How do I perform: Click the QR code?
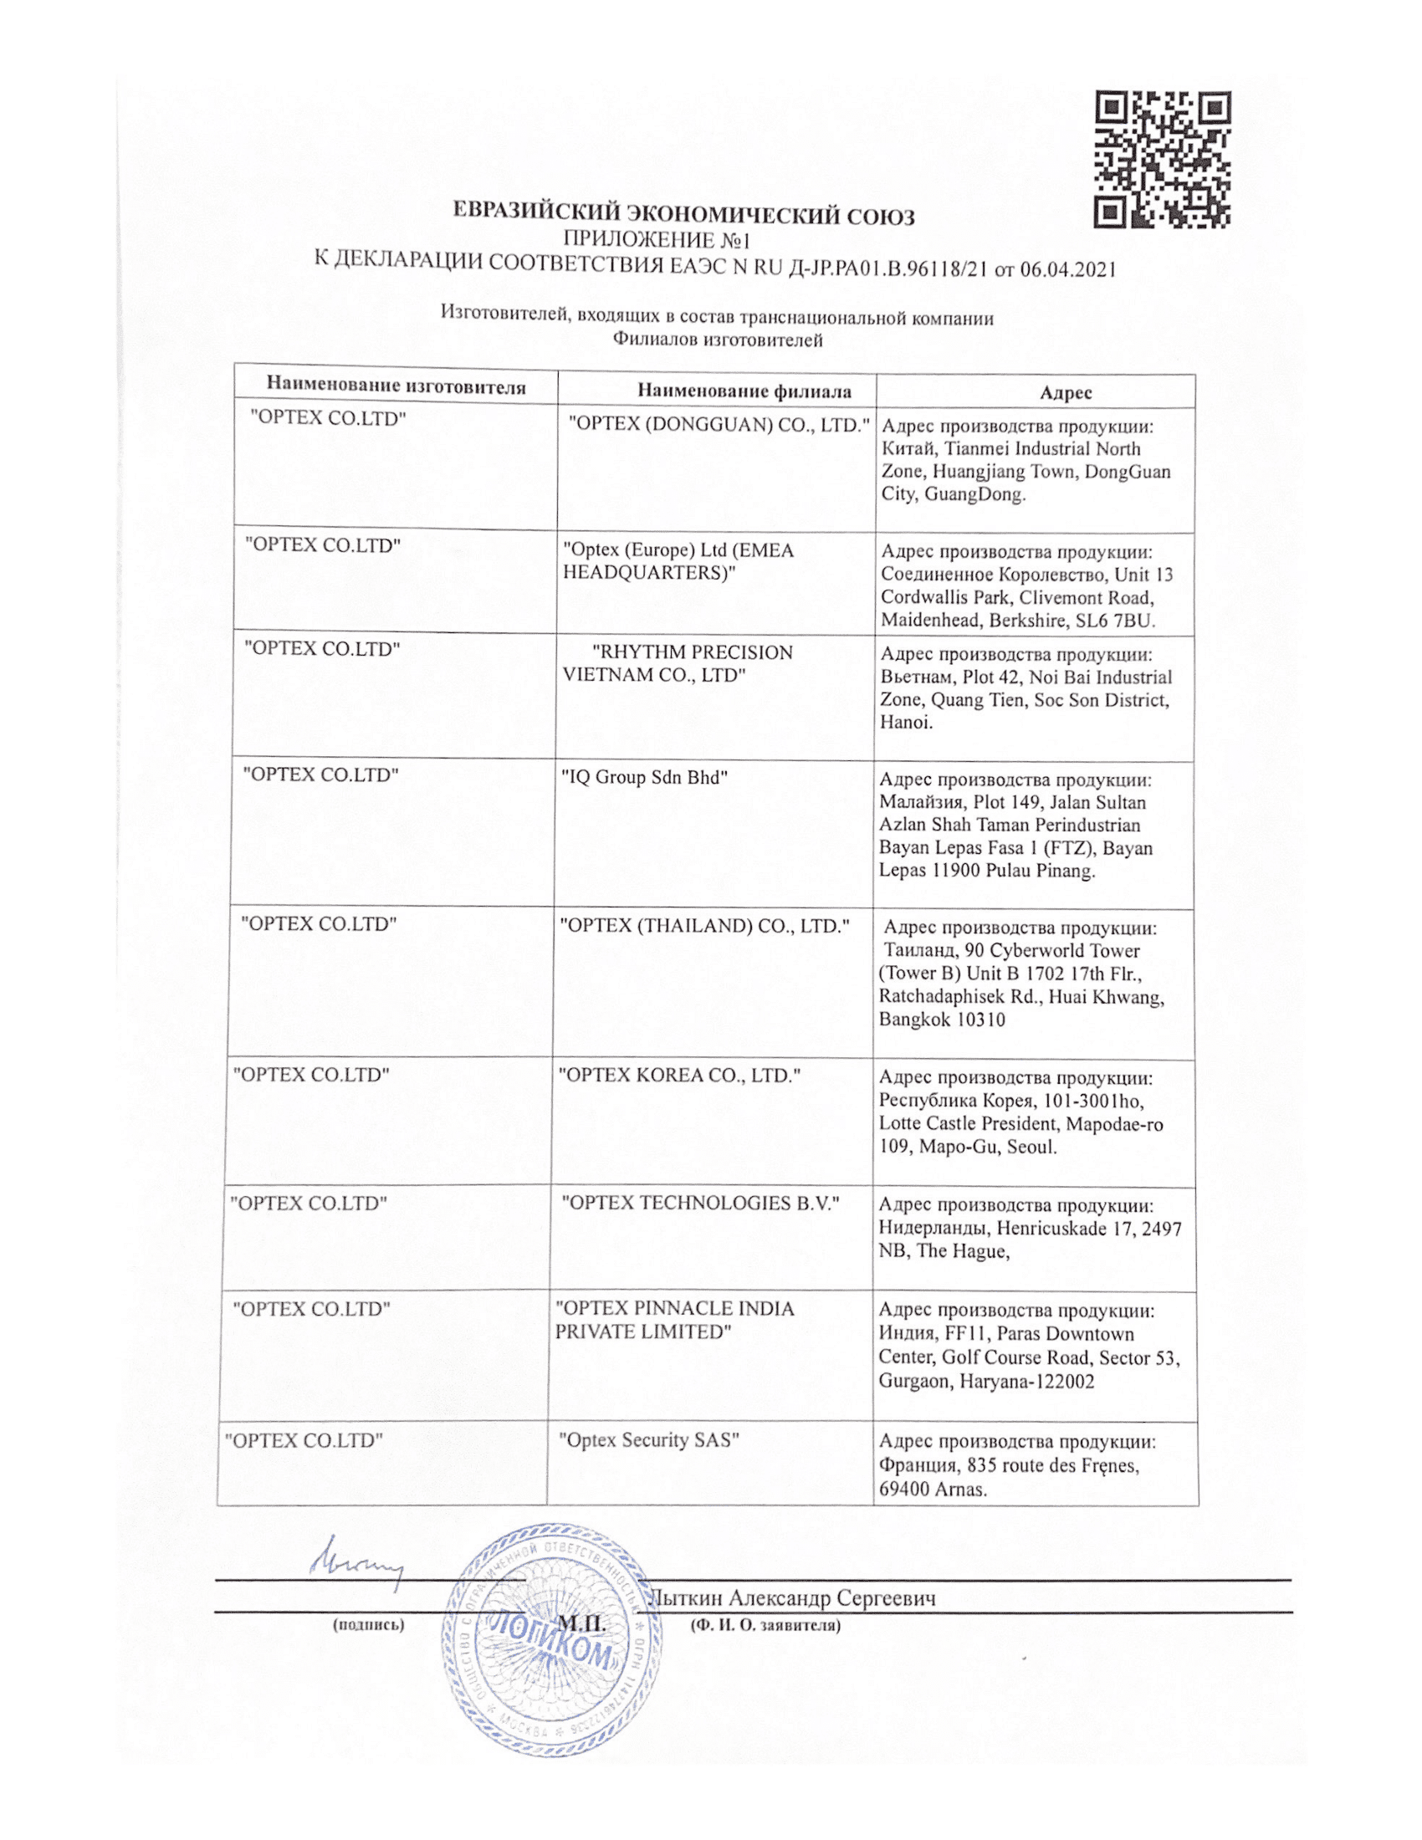1162,159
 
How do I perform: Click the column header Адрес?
1066,392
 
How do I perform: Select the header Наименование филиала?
744,391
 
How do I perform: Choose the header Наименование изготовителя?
396,386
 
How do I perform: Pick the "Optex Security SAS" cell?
649,1440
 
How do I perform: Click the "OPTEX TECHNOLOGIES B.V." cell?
701,1203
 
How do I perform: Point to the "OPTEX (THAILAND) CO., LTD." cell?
704,926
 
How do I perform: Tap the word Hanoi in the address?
906,722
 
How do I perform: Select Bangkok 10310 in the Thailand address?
942,1020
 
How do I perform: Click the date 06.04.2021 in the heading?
1067,269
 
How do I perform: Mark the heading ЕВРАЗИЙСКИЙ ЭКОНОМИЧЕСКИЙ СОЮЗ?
684,214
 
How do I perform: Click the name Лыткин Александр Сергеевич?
794,1598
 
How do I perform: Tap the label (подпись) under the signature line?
369,1625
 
